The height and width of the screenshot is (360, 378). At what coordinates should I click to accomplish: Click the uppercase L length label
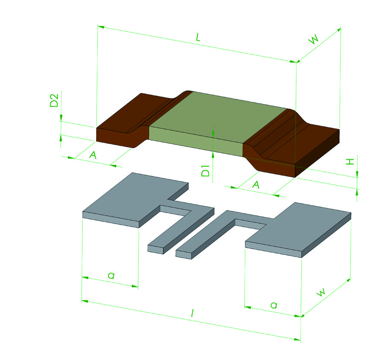click(x=198, y=37)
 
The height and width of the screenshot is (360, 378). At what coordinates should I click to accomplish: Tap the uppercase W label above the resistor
click(x=314, y=39)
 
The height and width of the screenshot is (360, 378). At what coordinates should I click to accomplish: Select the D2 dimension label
click(x=54, y=100)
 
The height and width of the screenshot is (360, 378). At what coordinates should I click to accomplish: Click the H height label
click(x=350, y=162)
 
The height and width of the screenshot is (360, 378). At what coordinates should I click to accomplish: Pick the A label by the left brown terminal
click(x=93, y=155)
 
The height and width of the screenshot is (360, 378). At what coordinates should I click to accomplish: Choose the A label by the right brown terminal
click(x=256, y=185)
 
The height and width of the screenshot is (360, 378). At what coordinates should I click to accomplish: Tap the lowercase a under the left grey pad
click(x=111, y=275)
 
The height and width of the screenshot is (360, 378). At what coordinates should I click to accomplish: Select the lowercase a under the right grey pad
click(x=274, y=305)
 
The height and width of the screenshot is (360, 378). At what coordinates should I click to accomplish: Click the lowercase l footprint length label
click(x=192, y=313)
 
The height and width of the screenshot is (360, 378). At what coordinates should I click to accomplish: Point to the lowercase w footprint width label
click(x=321, y=292)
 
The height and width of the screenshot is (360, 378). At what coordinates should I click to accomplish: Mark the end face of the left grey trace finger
click(x=156, y=250)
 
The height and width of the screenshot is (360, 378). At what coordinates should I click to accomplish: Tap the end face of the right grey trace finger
click(x=184, y=255)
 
